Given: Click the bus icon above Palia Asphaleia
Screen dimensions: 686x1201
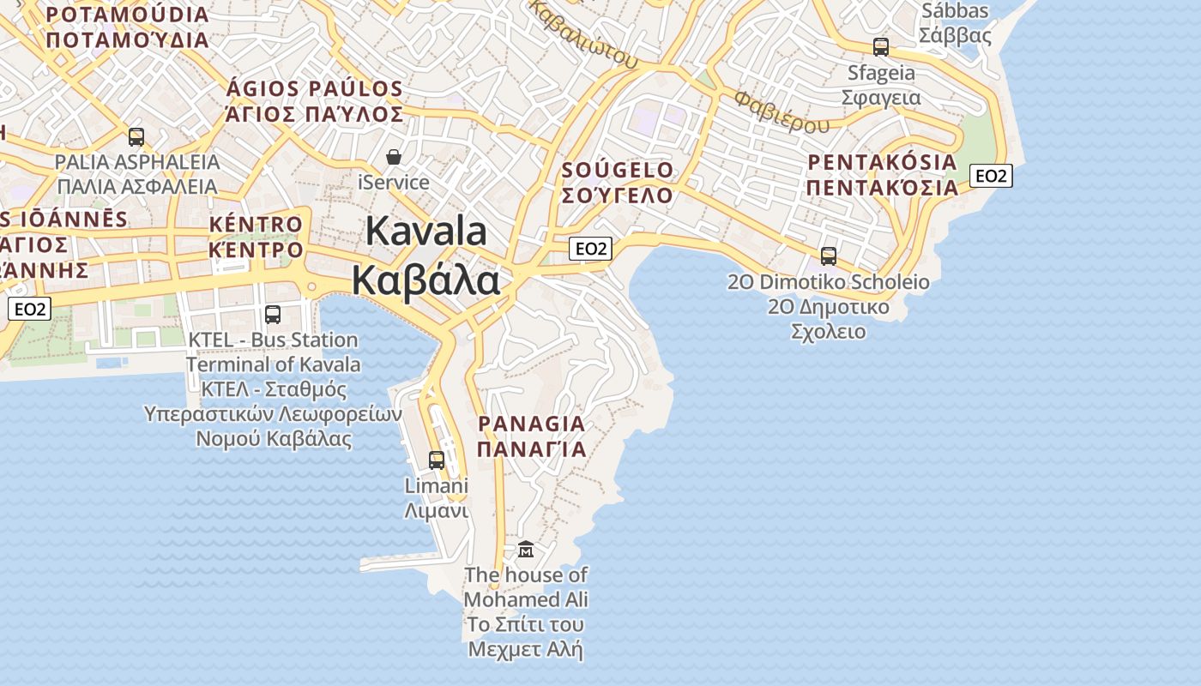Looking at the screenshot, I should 136,136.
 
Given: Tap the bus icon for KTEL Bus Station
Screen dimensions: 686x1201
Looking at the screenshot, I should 272,315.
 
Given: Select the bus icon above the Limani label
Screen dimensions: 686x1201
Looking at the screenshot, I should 437,460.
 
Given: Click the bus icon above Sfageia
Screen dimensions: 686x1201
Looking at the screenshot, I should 881,47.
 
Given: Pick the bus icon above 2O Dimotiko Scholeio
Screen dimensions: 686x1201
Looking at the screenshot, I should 828,256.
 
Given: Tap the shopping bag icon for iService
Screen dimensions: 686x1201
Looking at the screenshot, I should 394,157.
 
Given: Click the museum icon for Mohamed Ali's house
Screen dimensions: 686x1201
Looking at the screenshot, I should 526,549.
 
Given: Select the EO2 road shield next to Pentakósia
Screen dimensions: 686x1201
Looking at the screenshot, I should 991,176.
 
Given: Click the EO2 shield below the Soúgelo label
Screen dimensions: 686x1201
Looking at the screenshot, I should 591,249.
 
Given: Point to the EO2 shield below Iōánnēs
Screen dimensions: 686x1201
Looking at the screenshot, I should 30,309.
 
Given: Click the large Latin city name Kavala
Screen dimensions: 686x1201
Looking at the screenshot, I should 427,232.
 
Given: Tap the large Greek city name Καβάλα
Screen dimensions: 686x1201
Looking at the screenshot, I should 425,280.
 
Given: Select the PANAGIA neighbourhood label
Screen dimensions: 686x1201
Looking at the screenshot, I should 532,424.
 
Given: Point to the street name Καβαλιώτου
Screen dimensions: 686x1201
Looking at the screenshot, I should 583,34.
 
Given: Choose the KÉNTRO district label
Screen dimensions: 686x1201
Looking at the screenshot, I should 256,225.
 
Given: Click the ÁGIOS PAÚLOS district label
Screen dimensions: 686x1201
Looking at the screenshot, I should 314,89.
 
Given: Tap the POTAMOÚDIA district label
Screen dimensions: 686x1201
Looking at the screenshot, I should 128,15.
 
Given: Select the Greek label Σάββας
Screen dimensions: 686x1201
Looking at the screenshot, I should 955,36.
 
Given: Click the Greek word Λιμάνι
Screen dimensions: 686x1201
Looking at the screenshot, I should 436,512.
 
